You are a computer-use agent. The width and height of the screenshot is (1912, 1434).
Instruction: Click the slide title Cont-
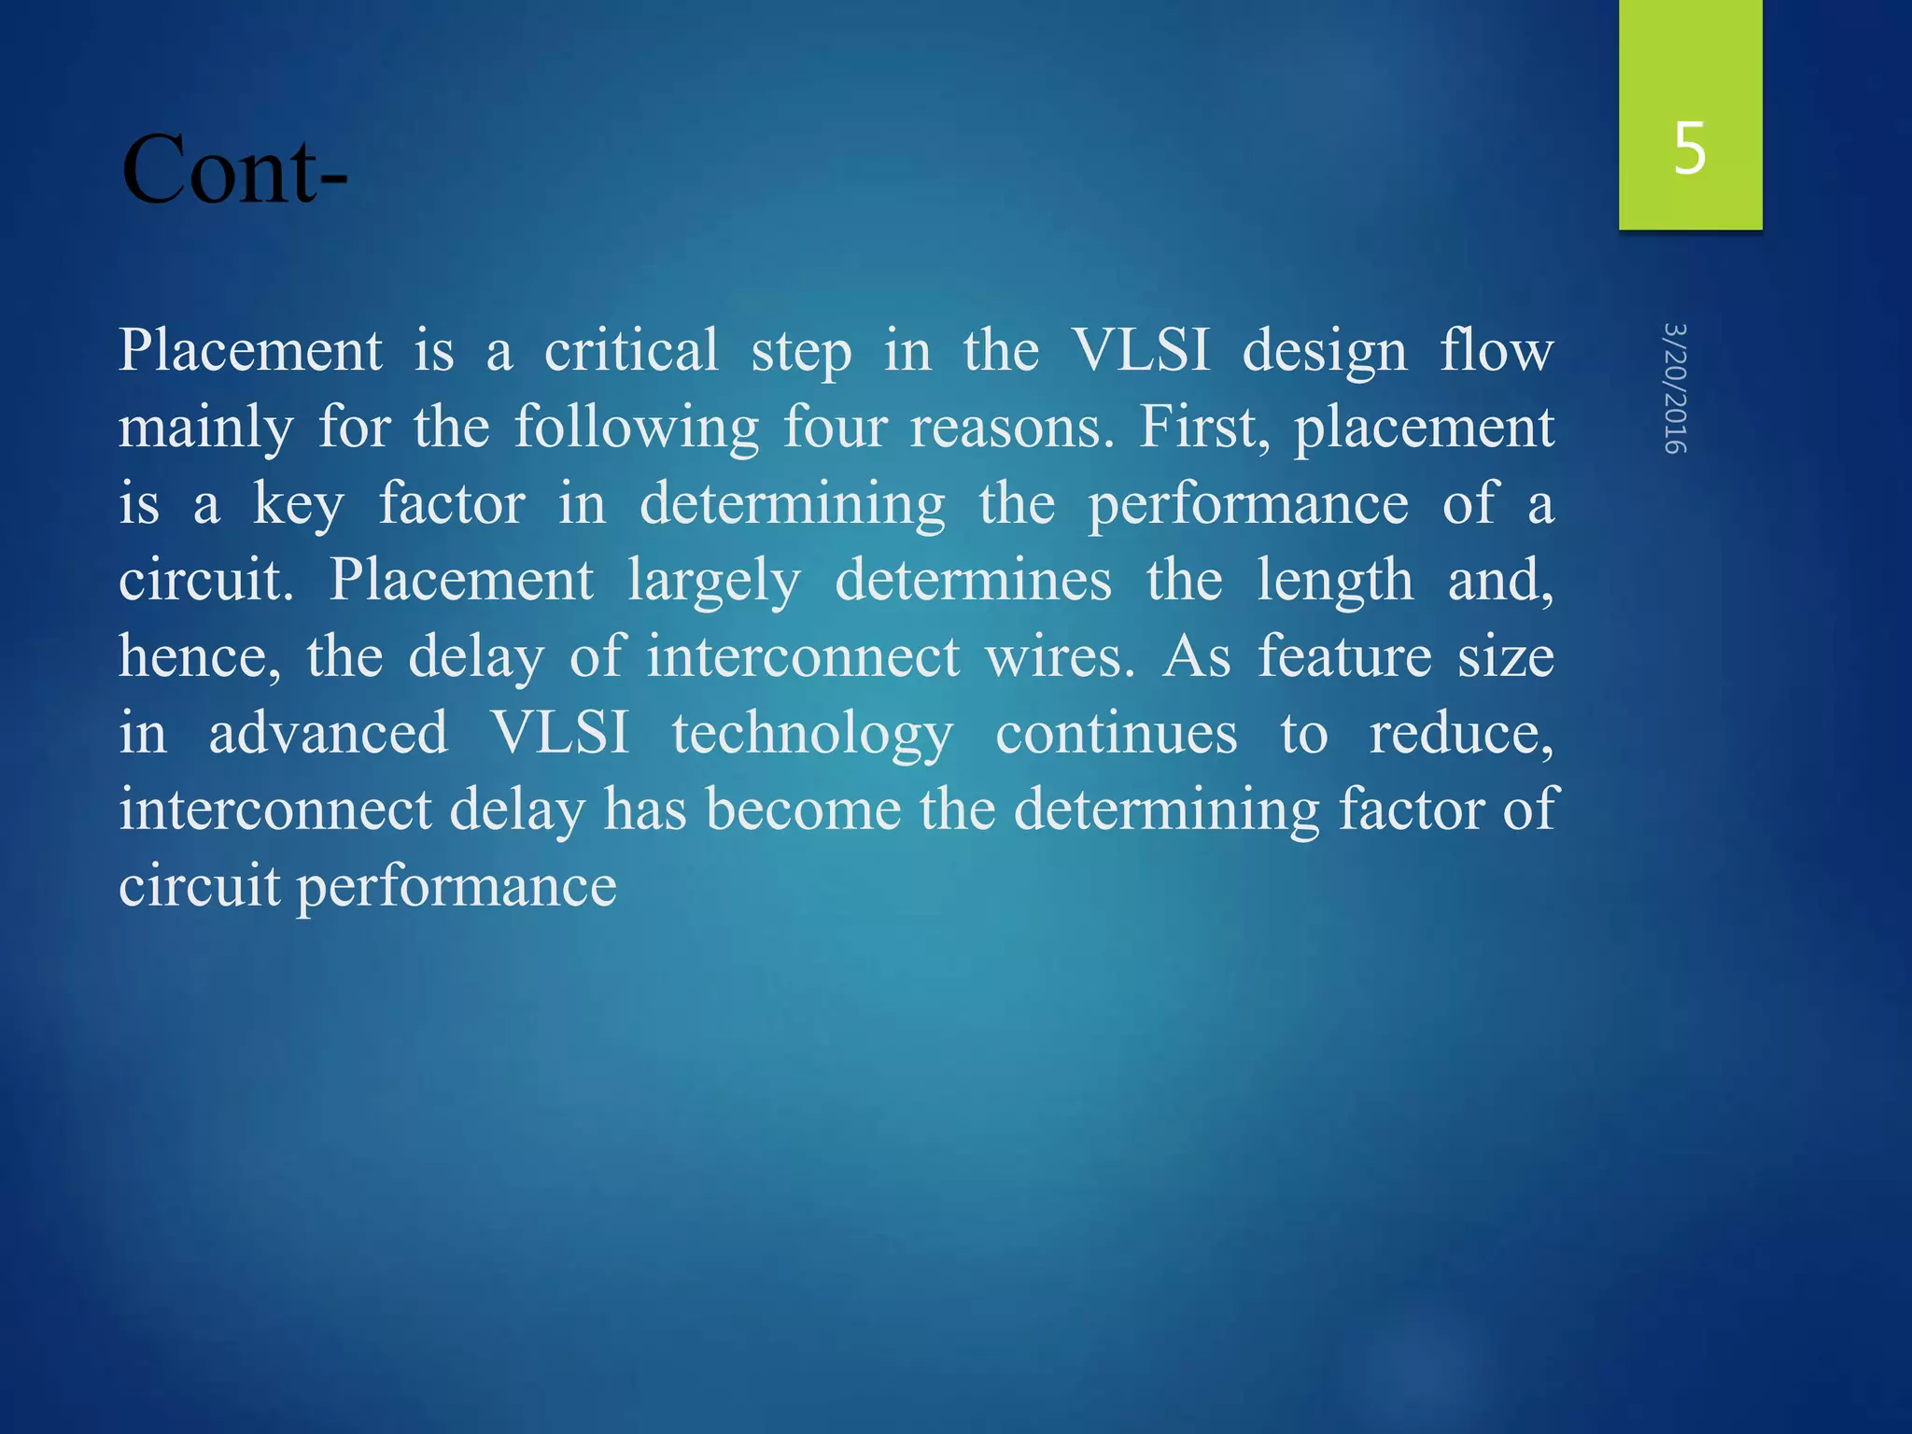pyautogui.click(x=233, y=170)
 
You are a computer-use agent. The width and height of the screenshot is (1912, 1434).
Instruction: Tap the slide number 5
pyautogui.click(x=1690, y=149)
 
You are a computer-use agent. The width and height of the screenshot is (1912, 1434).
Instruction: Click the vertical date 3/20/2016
pyautogui.click(x=1676, y=388)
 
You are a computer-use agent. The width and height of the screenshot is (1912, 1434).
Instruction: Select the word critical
pyautogui.click(x=631, y=351)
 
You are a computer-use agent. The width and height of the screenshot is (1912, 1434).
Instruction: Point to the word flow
pyautogui.click(x=1496, y=351)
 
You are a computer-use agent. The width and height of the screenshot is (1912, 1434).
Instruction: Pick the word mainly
pyautogui.click(x=205, y=429)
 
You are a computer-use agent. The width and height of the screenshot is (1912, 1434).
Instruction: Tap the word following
pyautogui.click(x=637, y=429)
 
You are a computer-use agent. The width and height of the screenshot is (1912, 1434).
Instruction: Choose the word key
pyautogui.click(x=299, y=505)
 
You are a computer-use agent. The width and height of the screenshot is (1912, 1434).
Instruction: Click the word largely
pyautogui.click(x=713, y=582)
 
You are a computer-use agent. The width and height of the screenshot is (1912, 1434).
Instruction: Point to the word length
pyautogui.click(x=1335, y=582)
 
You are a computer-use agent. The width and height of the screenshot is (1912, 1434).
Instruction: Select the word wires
pyautogui.click(x=1060, y=657)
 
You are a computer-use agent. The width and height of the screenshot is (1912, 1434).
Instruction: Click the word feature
pyautogui.click(x=1344, y=657)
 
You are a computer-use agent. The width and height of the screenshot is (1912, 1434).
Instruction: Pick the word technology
pyautogui.click(x=812, y=735)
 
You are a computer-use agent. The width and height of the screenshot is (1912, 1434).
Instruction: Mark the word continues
pyautogui.click(x=1117, y=734)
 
